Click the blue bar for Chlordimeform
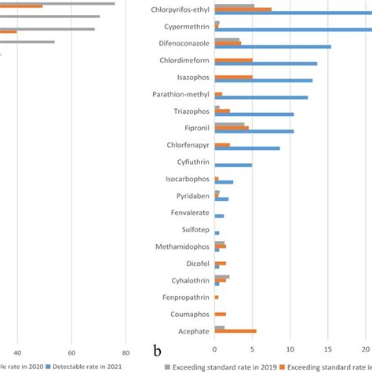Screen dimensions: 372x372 [x=266, y=64]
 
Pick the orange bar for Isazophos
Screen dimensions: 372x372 [x=234, y=77]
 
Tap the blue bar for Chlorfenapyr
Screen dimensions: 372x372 [x=247, y=148]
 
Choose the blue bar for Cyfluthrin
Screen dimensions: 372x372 [x=233, y=165]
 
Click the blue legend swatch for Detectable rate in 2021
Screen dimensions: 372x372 [x=49, y=365]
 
